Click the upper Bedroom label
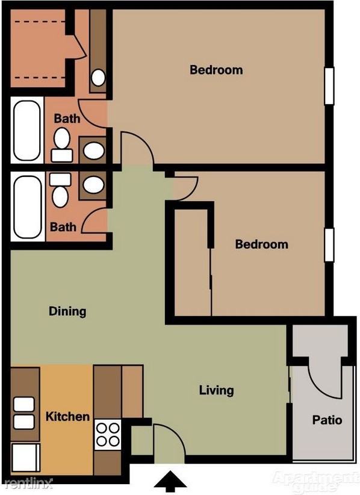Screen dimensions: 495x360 tap(216, 70)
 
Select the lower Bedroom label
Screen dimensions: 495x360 tap(261, 244)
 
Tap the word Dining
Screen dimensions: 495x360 tap(67, 311)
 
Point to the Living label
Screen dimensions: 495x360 tap(216, 390)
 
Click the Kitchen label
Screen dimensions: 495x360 tap(68, 417)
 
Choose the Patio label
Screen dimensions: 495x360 tap(327, 420)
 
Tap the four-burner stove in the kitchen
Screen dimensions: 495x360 tap(108, 435)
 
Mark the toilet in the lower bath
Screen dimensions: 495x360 tap(60, 191)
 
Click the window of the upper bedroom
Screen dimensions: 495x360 tap(329, 85)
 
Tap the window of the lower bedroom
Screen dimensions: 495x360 tap(329, 245)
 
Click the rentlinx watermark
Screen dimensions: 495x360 tap(27, 483)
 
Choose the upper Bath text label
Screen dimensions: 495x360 tap(67, 119)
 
